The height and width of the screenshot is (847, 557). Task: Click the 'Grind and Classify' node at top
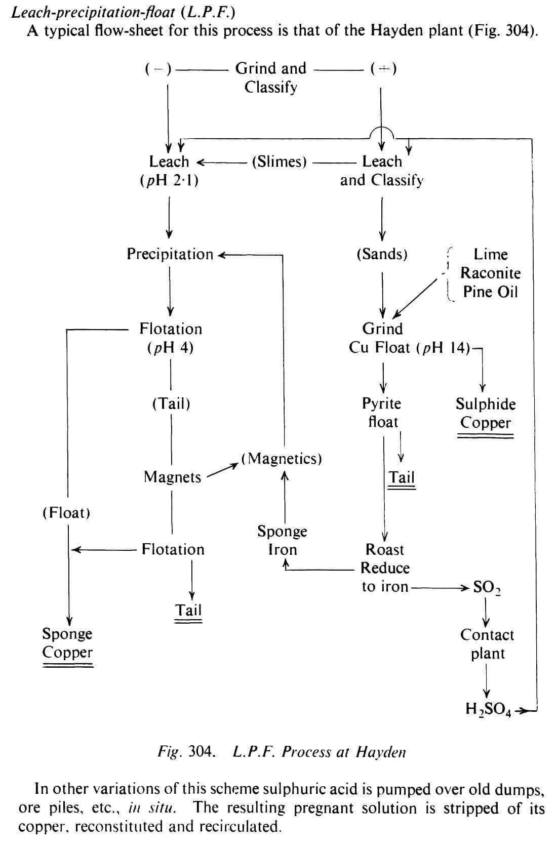[271, 77]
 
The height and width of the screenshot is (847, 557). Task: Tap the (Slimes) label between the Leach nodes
[280, 162]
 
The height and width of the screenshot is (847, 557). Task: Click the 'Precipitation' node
[170, 254]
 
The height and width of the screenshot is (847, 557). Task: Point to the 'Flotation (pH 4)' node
[171, 338]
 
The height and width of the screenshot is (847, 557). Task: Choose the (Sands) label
[382, 254]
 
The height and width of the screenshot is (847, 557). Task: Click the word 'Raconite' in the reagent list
[490, 273]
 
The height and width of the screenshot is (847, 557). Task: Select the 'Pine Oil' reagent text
[490, 292]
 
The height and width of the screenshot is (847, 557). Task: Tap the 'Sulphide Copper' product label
[486, 413]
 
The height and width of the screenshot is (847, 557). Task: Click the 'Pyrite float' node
[382, 412]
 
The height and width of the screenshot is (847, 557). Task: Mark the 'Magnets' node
[172, 477]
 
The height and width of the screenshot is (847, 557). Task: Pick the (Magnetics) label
[282, 459]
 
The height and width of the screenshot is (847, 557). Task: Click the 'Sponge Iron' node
[282, 540]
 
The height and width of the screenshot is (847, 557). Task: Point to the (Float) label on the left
[66, 513]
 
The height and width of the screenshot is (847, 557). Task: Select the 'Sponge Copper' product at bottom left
[67, 642]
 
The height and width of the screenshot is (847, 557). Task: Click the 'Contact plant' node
[487, 644]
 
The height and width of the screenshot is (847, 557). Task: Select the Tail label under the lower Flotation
[188, 610]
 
